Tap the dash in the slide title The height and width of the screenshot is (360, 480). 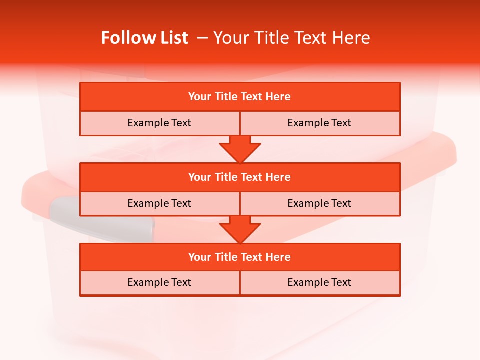coord(202,38)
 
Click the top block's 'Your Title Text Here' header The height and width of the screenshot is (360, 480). coord(239,97)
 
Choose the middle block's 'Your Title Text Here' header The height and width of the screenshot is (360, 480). coord(239,177)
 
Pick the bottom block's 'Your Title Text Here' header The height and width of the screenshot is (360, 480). coord(239,257)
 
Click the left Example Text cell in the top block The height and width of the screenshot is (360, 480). coord(159,123)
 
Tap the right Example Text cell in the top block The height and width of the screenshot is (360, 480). coord(319,123)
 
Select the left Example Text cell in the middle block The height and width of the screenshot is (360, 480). coord(159,203)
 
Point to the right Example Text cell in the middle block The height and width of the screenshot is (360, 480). coord(319,203)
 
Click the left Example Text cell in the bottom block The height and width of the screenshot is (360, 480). coord(159,282)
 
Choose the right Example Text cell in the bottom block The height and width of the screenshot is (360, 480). coord(319,282)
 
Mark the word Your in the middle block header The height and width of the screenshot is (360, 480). coord(200,177)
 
